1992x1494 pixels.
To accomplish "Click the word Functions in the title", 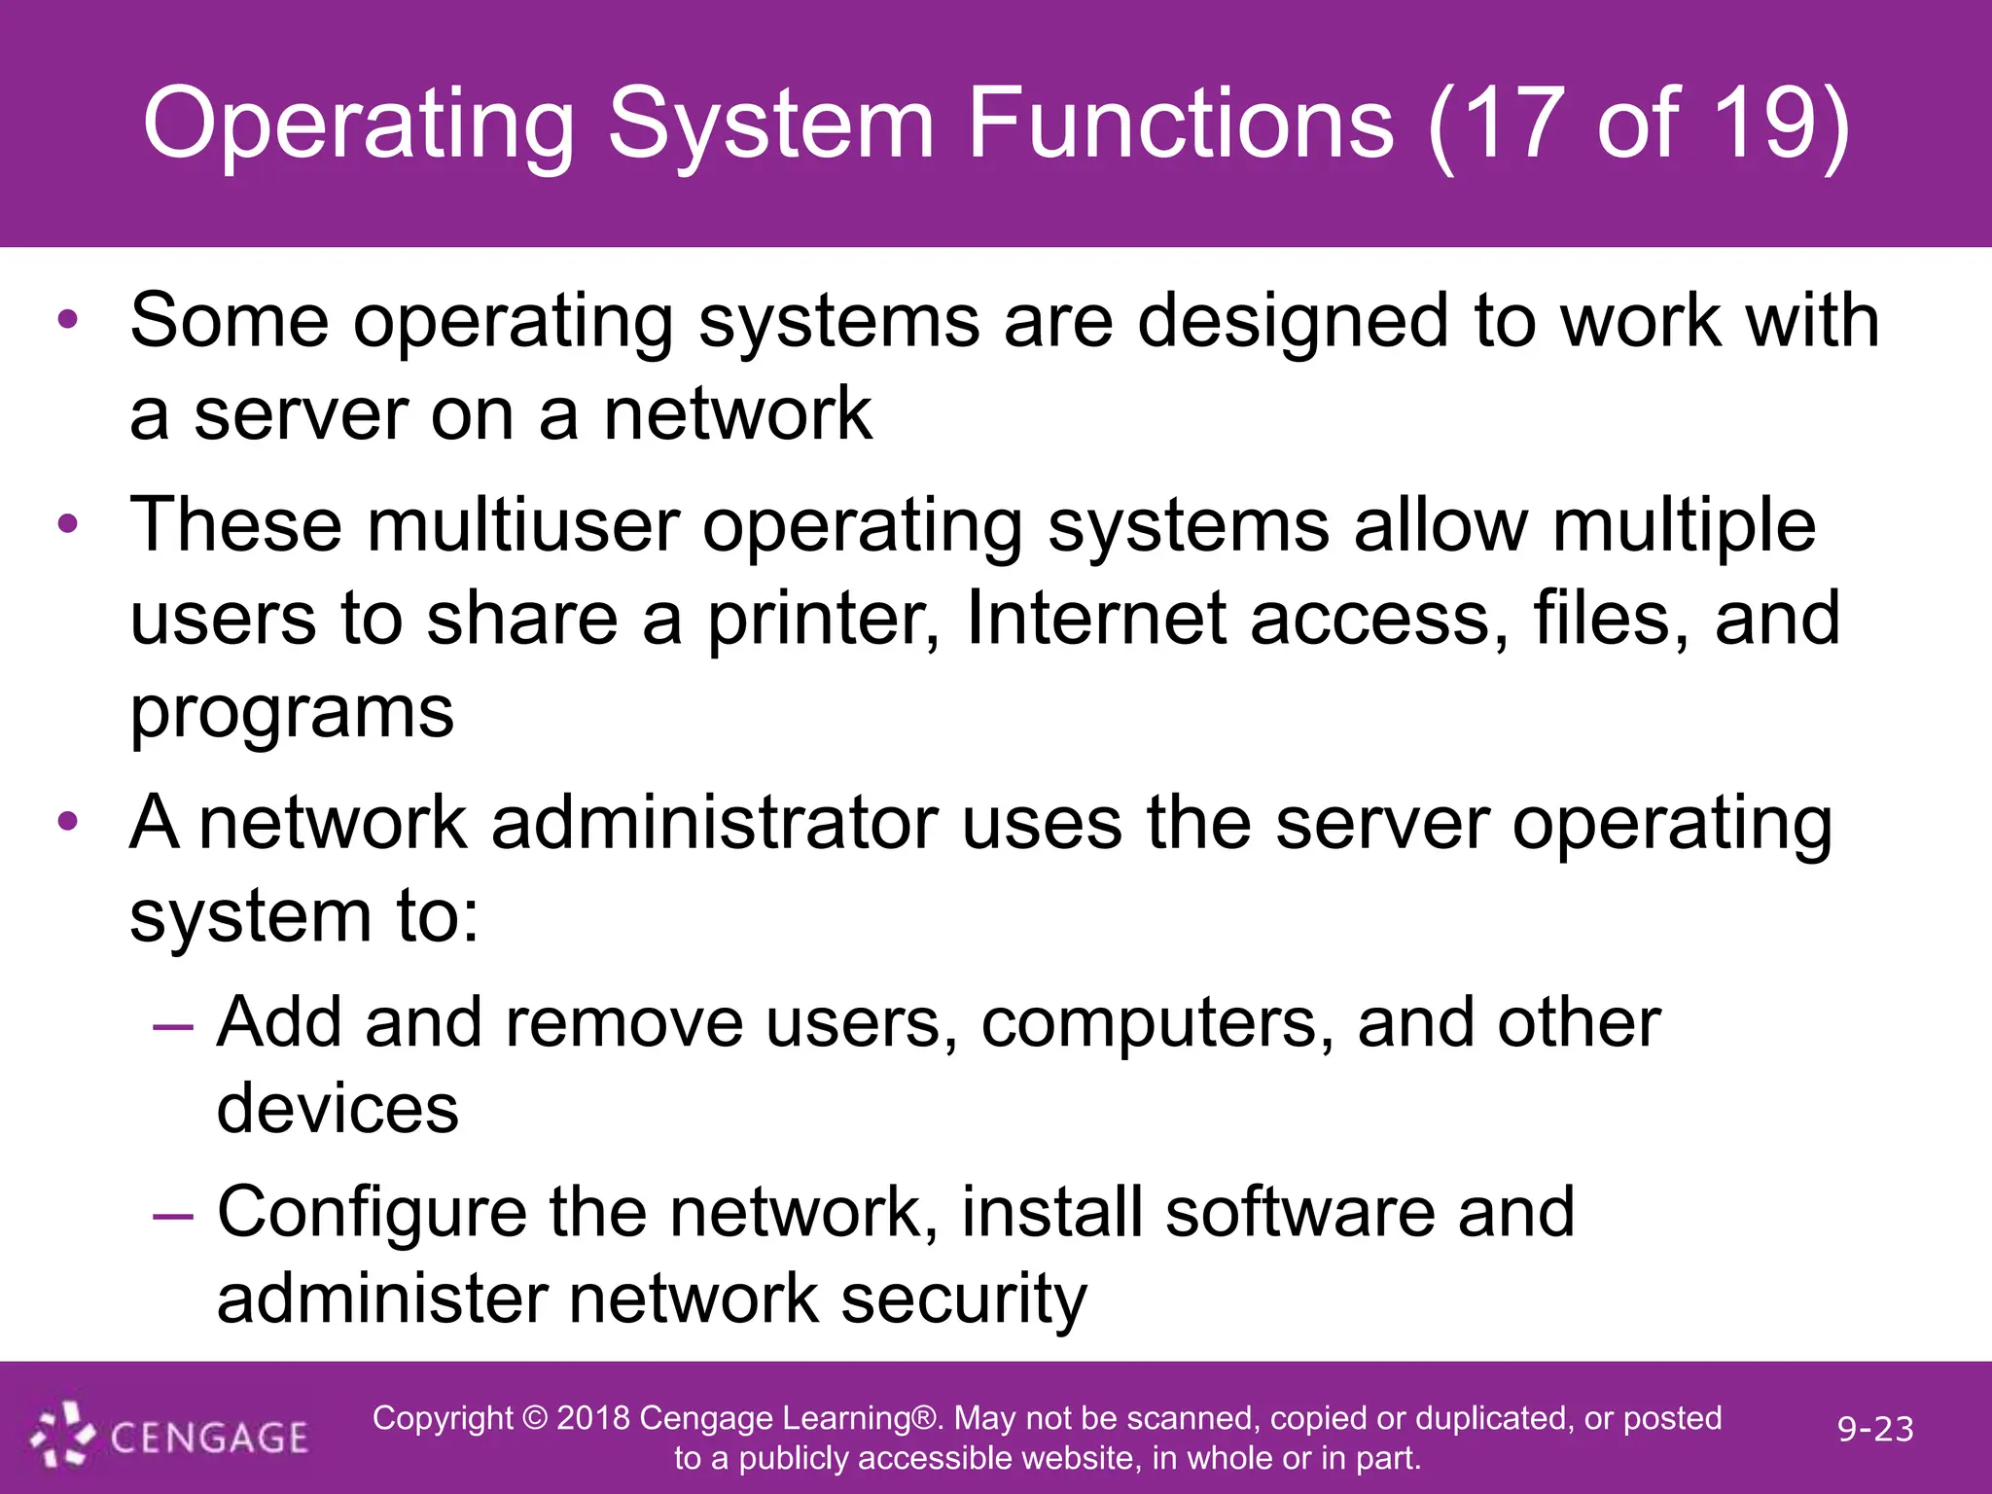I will [x=1181, y=124].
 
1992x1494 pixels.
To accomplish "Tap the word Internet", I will [x=1096, y=619].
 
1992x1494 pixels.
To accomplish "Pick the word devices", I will [x=338, y=1109].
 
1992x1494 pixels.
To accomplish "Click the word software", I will [x=1299, y=1213].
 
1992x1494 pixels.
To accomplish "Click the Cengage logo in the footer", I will [x=169, y=1436].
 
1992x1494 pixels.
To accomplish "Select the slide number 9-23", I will [x=1875, y=1429].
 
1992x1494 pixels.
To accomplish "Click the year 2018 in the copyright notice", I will [x=592, y=1418].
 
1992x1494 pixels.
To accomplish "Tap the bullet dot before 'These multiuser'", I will [x=67, y=524].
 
